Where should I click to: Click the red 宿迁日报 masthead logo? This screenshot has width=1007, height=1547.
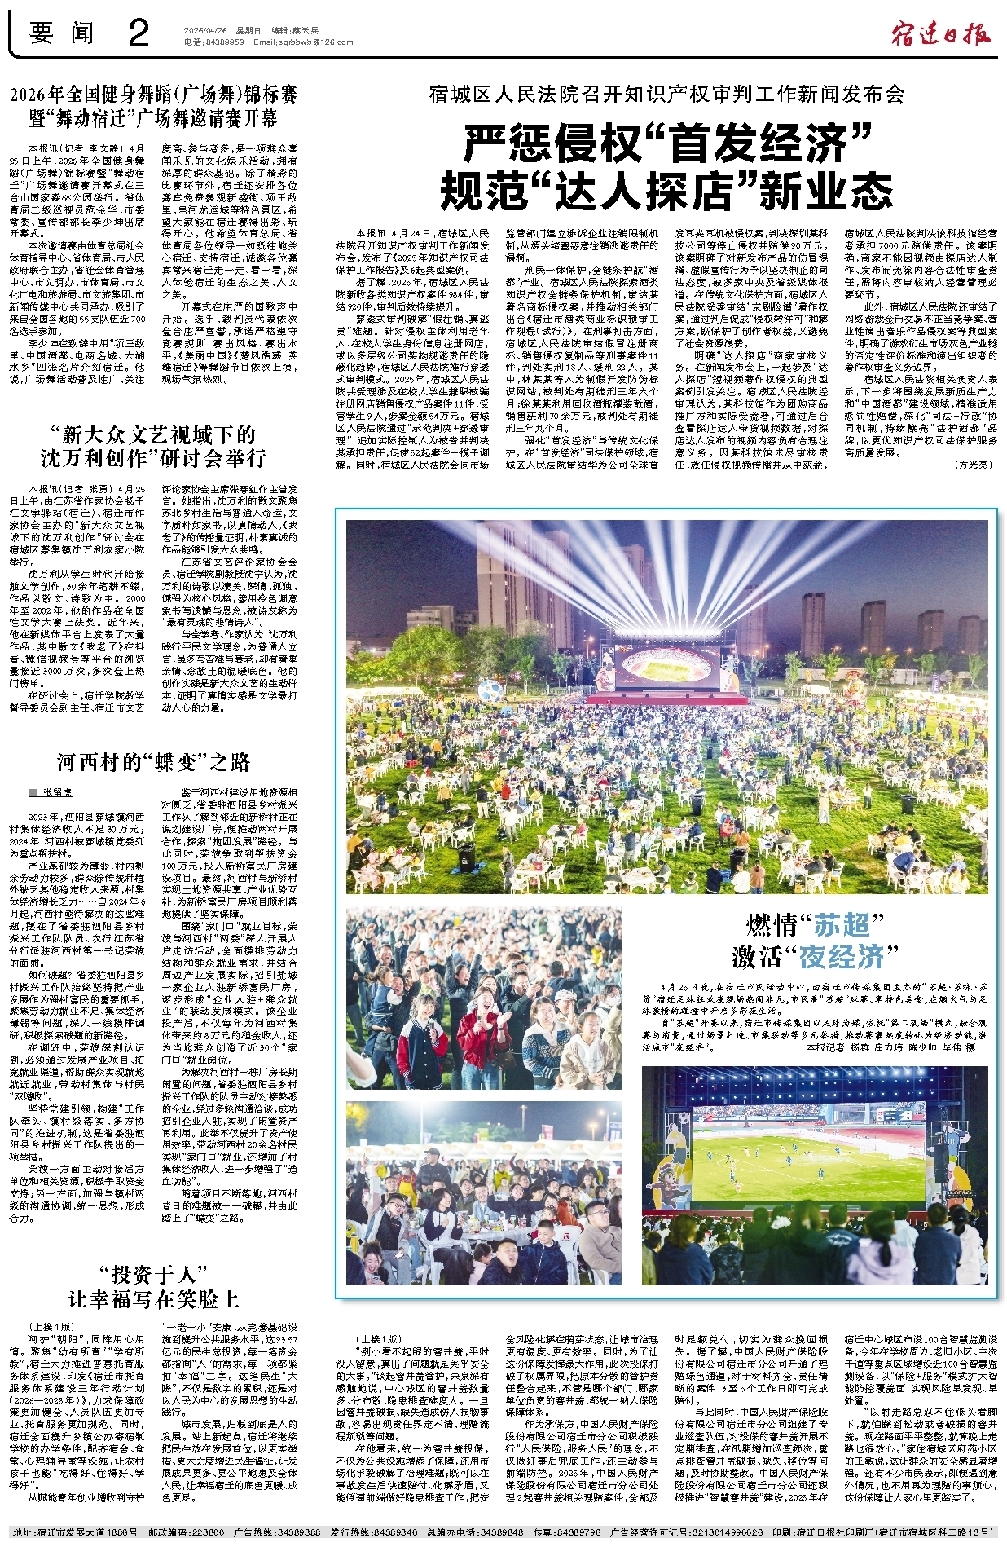point(940,34)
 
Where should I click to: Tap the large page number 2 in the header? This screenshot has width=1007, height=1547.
point(139,33)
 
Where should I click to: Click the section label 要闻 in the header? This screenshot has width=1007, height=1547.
point(62,33)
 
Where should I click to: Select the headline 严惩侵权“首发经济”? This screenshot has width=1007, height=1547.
point(667,143)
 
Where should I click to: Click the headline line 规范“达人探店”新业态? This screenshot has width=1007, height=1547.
point(666,192)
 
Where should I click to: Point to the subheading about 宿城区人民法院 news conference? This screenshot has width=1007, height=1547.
point(666,95)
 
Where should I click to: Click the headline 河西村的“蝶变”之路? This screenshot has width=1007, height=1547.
point(154,762)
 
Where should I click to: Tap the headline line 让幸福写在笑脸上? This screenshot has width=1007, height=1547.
point(154,1298)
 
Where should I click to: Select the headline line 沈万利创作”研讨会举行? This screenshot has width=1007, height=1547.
point(154,458)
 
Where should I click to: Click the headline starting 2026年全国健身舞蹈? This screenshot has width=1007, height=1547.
point(154,95)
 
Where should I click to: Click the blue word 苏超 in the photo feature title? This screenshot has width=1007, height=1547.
point(840,924)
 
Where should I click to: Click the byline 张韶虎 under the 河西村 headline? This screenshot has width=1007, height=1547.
point(56,792)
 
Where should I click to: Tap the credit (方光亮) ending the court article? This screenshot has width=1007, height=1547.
point(974,464)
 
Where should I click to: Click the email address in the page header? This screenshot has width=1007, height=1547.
point(303,42)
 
